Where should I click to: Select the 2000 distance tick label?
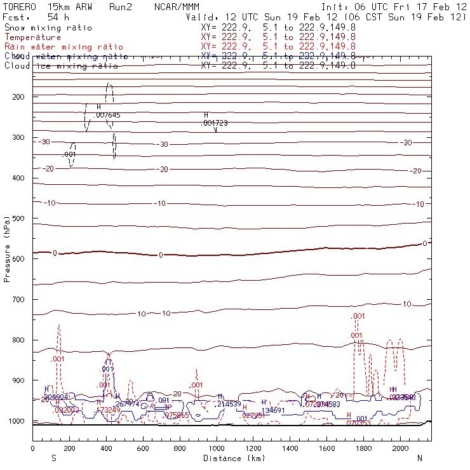(401, 448)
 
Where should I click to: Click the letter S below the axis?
(54, 457)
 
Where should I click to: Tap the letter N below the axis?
(419, 457)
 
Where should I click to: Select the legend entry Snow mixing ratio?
(48, 28)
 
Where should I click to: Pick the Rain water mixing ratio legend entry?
(63, 47)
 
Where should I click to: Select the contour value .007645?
(107, 115)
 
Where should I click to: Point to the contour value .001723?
(215, 123)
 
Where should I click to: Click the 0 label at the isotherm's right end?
(425, 243)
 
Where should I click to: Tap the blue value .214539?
(229, 404)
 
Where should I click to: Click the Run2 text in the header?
(120, 6)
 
